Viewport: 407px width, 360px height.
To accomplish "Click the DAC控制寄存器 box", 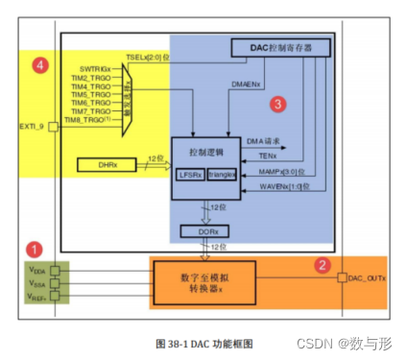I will [278, 47].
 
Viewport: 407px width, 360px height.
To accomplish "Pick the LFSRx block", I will [190, 175].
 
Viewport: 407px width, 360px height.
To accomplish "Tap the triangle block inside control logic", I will [221, 175].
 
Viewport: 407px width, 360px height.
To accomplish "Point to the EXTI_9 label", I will [32, 127].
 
